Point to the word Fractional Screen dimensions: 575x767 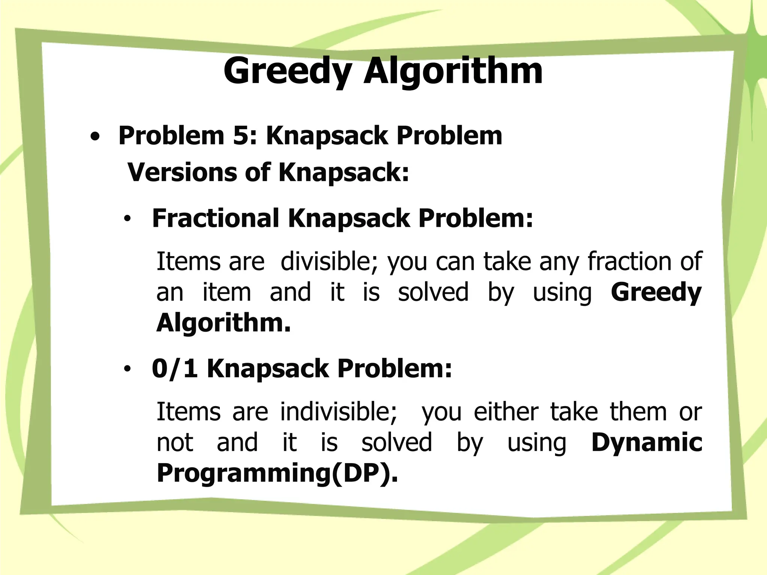[216, 218]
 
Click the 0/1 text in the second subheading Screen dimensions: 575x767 [175, 369]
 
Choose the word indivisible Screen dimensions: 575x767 [339, 411]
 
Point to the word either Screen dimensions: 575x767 [506, 411]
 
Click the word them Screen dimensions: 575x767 [639, 411]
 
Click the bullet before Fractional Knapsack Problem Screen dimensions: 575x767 [128, 220]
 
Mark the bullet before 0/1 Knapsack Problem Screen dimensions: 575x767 [128, 370]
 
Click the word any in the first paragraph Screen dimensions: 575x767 [558, 262]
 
